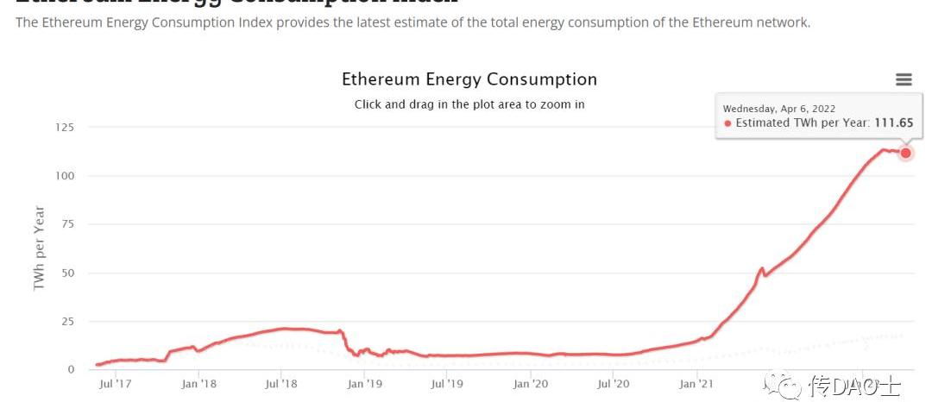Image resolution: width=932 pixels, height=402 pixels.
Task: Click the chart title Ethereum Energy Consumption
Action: point(469,79)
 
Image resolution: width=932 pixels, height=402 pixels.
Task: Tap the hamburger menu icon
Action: point(904,79)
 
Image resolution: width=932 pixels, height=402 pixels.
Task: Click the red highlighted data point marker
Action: point(906,153)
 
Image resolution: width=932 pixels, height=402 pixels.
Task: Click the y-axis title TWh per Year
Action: point(39,248)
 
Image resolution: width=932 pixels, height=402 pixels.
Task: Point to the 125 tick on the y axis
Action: point(65,128)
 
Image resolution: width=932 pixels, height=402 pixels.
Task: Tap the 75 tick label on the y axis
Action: point(67,224)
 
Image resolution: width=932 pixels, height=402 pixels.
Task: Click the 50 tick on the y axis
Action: point(67,273)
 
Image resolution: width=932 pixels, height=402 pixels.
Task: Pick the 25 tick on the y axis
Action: point(67,321)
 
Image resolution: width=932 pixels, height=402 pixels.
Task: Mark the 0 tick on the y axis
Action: point(71,369)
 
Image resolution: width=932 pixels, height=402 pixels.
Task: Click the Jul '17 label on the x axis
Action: point(116,384)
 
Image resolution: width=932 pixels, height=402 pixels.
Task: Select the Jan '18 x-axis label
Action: point(198,384)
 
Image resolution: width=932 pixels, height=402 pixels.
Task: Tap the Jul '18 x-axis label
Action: point(280,384)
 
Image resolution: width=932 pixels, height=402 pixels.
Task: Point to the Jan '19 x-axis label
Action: point(365,384)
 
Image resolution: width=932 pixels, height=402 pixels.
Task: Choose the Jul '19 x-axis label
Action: point(447,384)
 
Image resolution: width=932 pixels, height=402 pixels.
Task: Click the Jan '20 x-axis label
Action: point(531,384)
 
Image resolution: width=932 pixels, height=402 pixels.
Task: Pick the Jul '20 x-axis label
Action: point(613,384)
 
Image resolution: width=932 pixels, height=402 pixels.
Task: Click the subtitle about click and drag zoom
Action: point(469,104)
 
